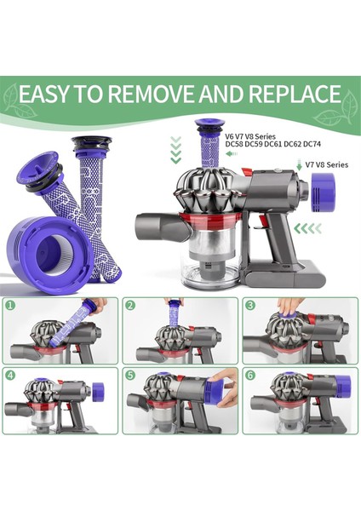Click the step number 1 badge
[x=11, y=303]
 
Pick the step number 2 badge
[x=130, y=303]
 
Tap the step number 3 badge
[x=250, y=303]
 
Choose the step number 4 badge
[x=11, y=374]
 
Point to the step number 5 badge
[x=130, y=374]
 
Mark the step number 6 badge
[x=250, y=374]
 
